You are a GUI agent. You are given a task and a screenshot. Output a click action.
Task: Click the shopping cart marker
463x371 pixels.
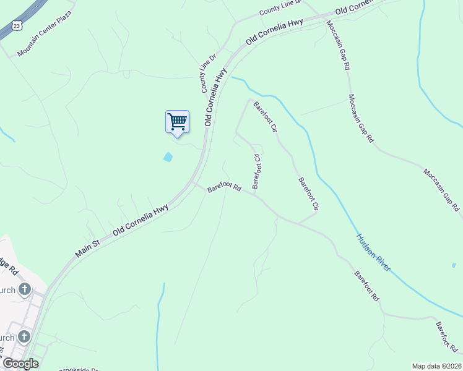pos(177,121)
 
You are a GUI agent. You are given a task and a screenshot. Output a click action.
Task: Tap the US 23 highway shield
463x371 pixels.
pos(17,25)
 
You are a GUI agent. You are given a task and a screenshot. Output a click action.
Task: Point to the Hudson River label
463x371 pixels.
pos(373,252)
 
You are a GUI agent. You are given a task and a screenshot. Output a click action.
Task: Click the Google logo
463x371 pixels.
pos(20,364)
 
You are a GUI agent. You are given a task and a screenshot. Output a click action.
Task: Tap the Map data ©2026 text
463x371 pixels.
pos(436,366)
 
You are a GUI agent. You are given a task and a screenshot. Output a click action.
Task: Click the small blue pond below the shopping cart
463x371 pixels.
pos(168,157)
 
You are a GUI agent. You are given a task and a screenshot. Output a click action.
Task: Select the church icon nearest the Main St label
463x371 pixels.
pos(24,289)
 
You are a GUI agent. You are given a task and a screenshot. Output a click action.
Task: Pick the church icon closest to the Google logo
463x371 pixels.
pos(24,337)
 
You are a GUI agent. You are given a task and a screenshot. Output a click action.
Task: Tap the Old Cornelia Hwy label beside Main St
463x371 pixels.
pos(141,220)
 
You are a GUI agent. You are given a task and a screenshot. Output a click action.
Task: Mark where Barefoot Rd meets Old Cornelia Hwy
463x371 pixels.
pos(194,182)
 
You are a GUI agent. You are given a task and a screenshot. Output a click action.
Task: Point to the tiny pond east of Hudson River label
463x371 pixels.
pos(454,265)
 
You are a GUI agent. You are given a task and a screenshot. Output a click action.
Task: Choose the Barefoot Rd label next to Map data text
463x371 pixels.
pos(445,336)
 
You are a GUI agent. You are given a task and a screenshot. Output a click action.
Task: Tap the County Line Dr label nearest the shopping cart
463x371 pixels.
pos(209,74)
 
